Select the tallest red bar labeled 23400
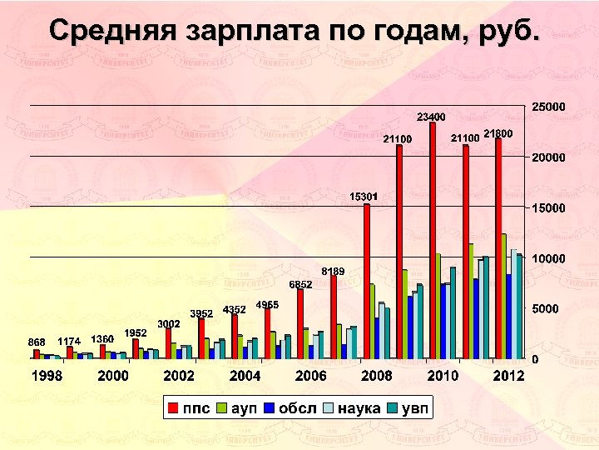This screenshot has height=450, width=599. [x=433, y=241]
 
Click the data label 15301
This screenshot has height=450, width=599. [x=364, y=196]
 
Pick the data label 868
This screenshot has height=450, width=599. [x=37, y=342]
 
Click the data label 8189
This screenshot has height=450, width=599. [x=333, y=271]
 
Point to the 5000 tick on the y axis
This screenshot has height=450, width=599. [x=545, y=308]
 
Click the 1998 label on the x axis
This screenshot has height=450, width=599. [x=47, y=377]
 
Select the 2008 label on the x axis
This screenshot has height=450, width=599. [x=377, y=377]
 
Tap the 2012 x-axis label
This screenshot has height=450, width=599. [x=508, y=377]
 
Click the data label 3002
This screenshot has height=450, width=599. [x=170, y=323]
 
